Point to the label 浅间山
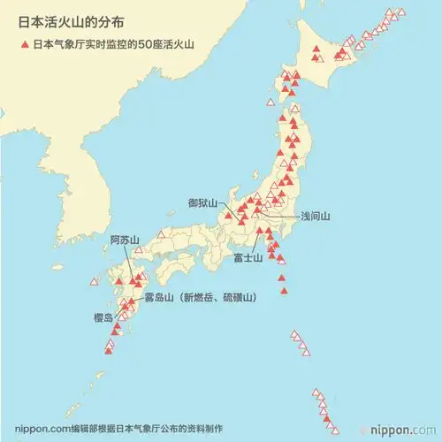point(315,215)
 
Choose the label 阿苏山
point(125,240)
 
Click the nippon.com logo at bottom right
point(406,431)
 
